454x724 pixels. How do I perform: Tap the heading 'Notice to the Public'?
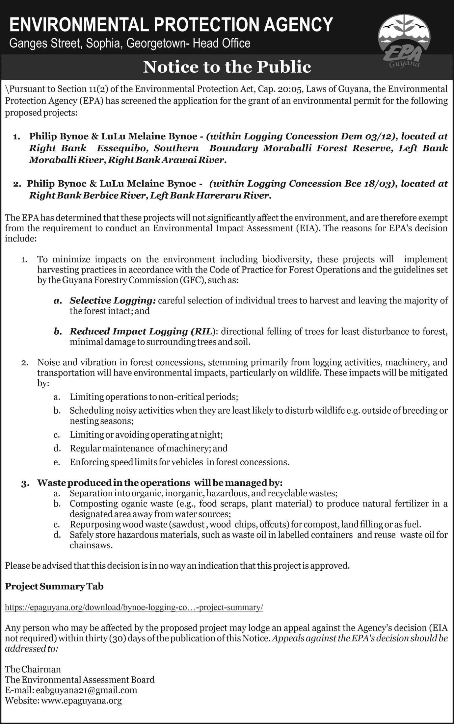click(x=227, y=67)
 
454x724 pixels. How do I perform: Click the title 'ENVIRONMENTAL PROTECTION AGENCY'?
click(x=171, y=24)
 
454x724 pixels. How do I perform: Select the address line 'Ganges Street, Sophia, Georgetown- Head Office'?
click(x=130, y=43)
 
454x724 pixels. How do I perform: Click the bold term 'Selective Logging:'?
click(x=113, y=300)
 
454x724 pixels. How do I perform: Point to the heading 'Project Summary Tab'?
click(x=54, y=586)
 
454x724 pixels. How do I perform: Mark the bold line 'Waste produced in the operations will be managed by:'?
click(x=160, y=483)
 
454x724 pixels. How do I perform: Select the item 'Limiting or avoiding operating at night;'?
click(x=146, y=435)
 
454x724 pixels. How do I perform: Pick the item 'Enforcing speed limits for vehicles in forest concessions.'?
click(x=179, y=462)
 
